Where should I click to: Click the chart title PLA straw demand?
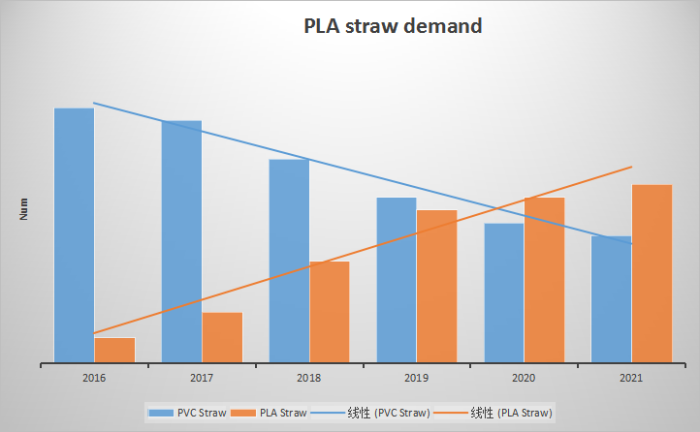pyautogui.click(x=393, y=27)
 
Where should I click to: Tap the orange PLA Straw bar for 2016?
pyautogui.click(x=114, y=351)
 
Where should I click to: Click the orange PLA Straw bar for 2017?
pyautogui.click(x=222, y=338)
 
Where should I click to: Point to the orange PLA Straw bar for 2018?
pyautogui.click(x=330, y=312)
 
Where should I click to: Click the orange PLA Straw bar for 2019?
pyautogui.click(x=437, y=287)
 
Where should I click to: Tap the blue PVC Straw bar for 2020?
pyautogui.click(x=504, y=293)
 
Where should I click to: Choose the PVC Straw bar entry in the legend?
pyautogui.click(x=188, y=413)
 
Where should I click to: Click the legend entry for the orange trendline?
pyautogui.click(x=495, y=413)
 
